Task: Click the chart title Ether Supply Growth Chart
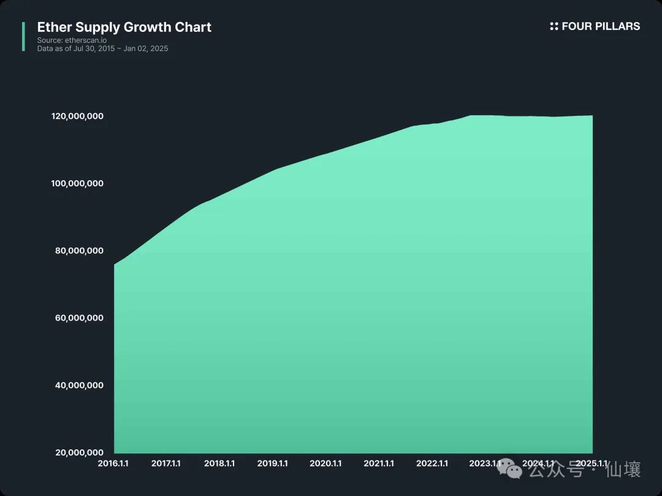click(x=124, y=27)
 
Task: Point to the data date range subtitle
click(x=102, y=48)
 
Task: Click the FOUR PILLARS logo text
click(x=601, y=26)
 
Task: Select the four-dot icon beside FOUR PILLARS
click(x=554, y=26)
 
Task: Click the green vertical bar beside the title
click(x=23, y=36)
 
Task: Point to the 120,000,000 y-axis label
click(x=77, y=116)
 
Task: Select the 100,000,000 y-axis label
click(x=77, y=183)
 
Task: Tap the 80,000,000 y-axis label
click(x=80, y=251)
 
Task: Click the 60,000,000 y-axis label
click(x=80, y=318)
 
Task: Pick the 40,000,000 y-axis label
click(x=80, y=385)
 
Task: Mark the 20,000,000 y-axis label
click(x=80, y=452)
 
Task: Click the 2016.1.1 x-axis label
click(x=113, y=464)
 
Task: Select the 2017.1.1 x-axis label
click(x=166, y=464)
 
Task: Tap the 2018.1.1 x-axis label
click(x=219, y=464)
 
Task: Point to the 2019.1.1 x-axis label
click(x=272, y=464)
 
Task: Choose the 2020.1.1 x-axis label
click(x=325, y=464)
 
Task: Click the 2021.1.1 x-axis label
click(x=379, y=464)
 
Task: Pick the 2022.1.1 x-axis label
click(x=432, y=464)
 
